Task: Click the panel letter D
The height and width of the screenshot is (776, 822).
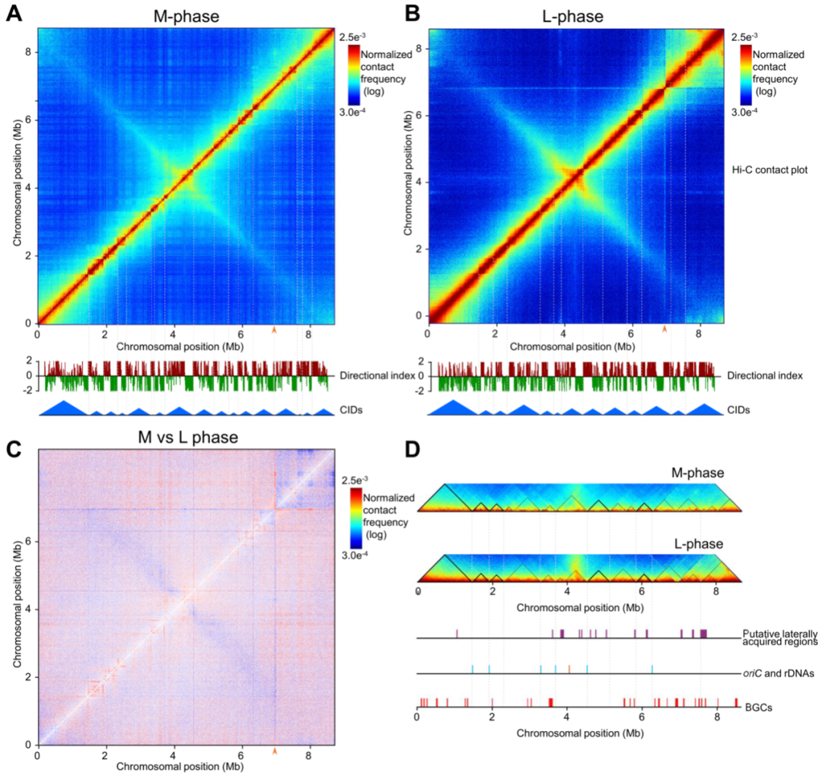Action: click(412, 450)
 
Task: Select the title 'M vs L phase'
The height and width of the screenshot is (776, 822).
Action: click(186, 438)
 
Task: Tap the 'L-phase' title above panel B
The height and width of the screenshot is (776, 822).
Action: click(575, 13)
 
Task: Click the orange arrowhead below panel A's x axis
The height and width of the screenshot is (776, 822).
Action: click(275, 329)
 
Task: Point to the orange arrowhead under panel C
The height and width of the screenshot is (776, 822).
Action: click(275, 751)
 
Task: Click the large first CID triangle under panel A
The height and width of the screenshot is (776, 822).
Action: click(65, 409)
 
